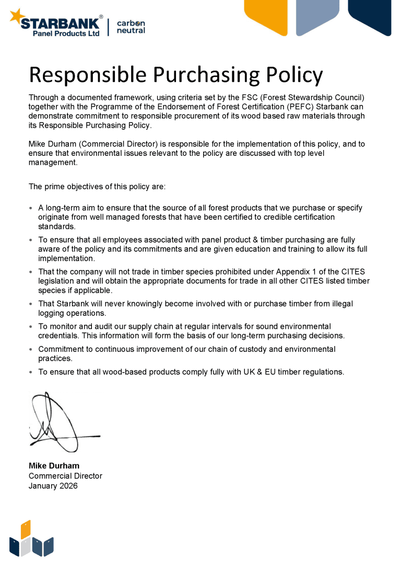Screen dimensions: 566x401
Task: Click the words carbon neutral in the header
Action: (x=131, y=27)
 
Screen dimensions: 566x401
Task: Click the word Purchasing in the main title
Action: (x=207, y=75)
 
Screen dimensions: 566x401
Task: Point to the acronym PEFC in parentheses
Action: (x=296, y=106)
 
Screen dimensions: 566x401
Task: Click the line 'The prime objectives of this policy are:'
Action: (x=97, y=187)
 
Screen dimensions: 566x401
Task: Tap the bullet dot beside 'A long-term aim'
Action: (x=31, y=208)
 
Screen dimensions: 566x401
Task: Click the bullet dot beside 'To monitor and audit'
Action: (x=31, y=327)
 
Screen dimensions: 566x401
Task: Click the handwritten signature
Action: (x=57, y=422)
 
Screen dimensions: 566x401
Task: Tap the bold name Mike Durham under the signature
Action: (x=54, y=466)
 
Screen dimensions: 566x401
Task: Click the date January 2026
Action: (x=53, y=486)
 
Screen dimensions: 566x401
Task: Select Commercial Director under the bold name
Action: (x=65, y=476)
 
